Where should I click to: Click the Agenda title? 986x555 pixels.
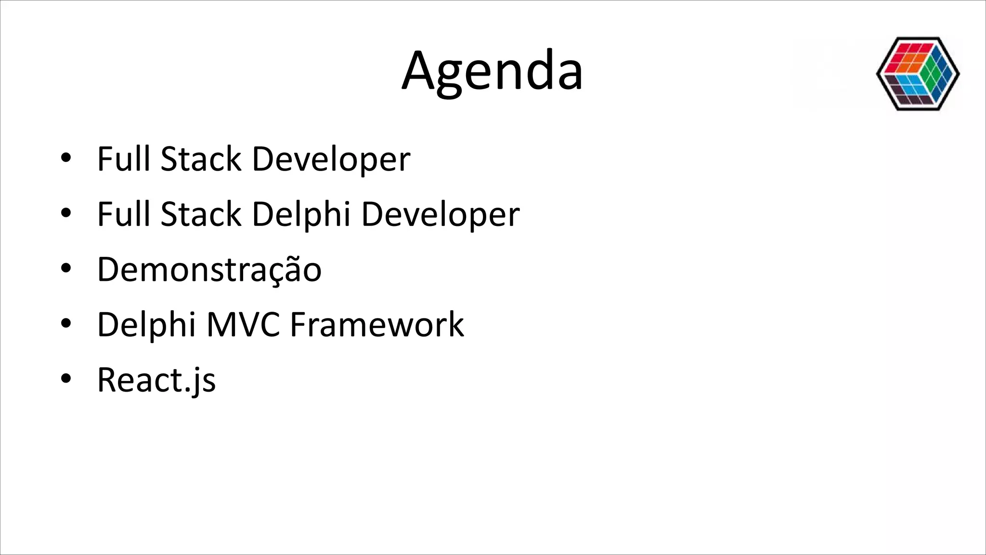(x=492, y=71)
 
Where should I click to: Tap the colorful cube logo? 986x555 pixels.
(x=918, y=74)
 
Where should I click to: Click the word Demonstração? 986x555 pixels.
(x=209, y=269)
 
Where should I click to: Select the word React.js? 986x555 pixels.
(x=156, y=380)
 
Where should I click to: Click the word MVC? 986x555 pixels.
(x=243, y=325)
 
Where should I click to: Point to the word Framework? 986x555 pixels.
(x=376, y=325)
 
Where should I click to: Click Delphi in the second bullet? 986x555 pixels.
(x=301, y=214)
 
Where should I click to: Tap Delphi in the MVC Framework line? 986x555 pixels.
(x=146, y=325)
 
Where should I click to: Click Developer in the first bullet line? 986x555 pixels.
(x=331, y=159)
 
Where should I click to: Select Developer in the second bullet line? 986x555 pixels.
(x=440, y=214)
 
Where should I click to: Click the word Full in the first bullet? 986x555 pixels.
(x=124, y=159)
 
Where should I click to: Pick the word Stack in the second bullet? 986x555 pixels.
(x=201, y=214)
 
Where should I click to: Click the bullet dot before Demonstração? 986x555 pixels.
(x=66, y=268)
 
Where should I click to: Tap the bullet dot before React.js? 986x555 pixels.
(x=66, y=379)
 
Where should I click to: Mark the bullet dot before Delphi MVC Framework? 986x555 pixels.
(x=66, y=323)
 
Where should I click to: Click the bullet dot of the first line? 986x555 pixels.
(x=66, y=158)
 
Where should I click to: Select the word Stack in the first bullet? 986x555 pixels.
(x=201, y=159)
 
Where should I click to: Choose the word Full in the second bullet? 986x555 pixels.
(x=124, y=214)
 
